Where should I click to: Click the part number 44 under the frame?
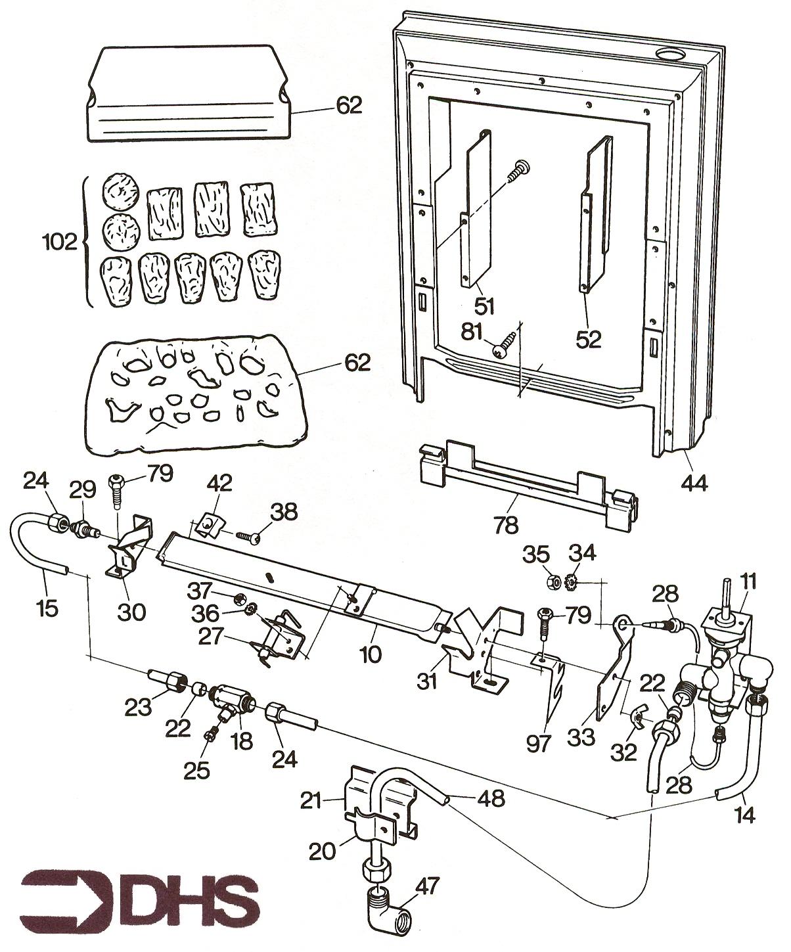(694, 484)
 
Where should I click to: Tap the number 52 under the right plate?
(589, 339)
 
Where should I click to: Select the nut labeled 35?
(554, 581)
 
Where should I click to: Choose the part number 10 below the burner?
(371, 654)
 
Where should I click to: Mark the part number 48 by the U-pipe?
(491, 798)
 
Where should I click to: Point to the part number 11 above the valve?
(748, 581)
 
